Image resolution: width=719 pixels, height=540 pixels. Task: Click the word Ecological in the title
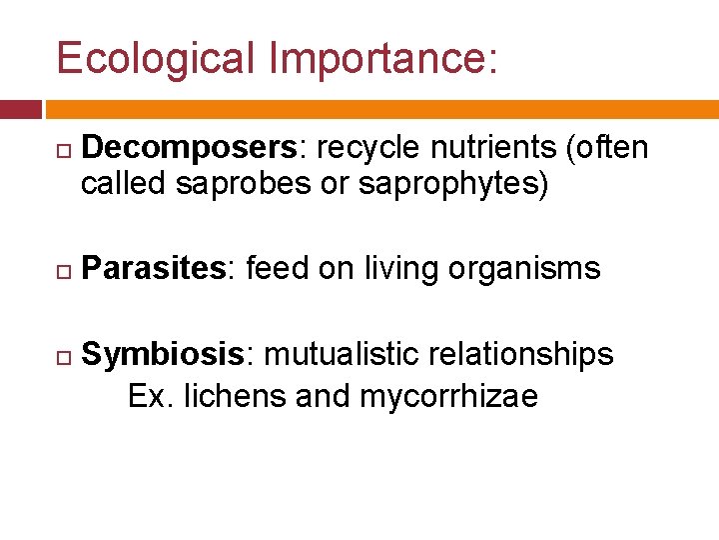(x=156, y=59)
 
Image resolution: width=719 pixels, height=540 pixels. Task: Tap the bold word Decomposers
(x=187, y=149)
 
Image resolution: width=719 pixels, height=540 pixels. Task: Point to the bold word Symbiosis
(x=162, y=355)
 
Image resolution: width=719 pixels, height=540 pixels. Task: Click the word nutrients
(x=492, y=149)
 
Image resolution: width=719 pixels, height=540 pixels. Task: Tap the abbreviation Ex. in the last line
(x=150, y=396)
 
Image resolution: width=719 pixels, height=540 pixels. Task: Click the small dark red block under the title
(x=21, y=109)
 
